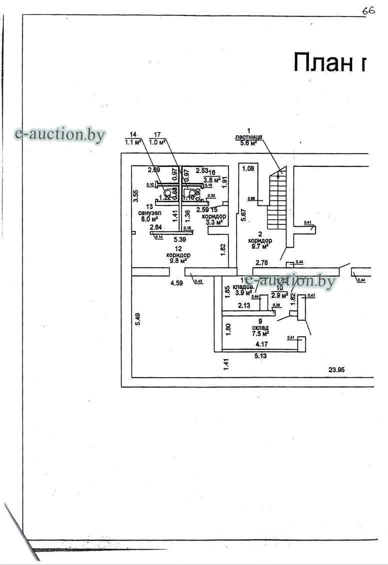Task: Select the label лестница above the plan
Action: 248,137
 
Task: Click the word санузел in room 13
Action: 149,213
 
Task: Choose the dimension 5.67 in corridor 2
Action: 243,214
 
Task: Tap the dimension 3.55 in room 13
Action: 135,195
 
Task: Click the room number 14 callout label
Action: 132,134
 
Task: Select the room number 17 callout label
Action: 157,134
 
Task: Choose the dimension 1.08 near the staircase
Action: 248,169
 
